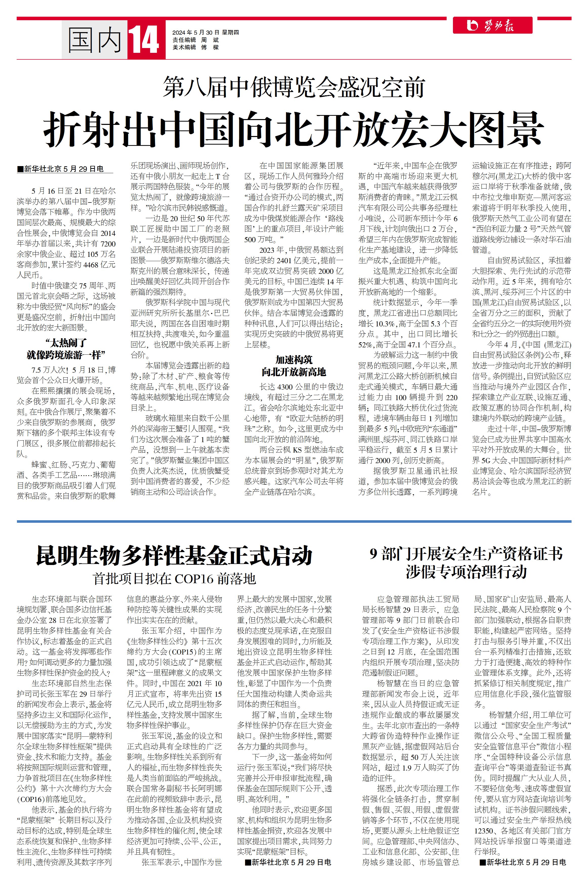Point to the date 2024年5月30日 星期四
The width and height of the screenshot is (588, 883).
click(x=206, y=33)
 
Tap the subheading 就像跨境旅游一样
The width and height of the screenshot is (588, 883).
click(x=66, y=355)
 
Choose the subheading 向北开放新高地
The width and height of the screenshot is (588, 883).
click(x=294, y=372)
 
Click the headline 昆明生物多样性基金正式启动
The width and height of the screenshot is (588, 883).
click(x=174, y=556)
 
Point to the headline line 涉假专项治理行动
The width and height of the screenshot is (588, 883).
click(x=466, y=572)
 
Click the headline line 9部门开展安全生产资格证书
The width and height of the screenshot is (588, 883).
click(x=466, y=554)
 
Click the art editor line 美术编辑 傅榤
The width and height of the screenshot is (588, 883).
click(x=195, y=47)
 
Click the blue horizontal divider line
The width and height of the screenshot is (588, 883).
click(x=294, y=521)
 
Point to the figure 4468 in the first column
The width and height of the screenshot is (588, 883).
click(x=91, y=265)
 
